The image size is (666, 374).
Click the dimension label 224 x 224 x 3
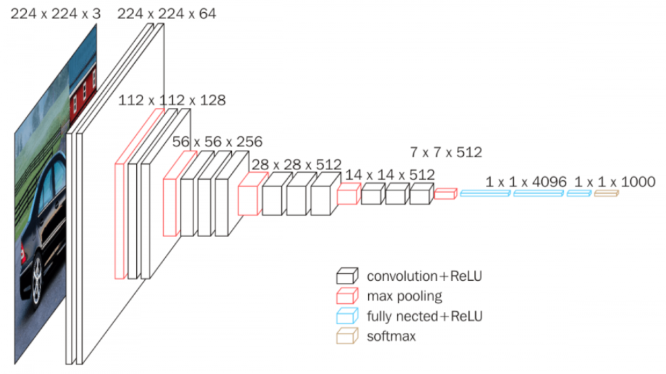pos(53,13)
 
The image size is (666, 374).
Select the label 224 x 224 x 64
pos(166,13)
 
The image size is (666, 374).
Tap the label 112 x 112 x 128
pos(171,101)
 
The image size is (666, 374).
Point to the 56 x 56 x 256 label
pos(217,142)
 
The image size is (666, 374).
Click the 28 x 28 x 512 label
pos(296,163)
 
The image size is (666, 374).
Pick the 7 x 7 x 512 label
pos(446,152)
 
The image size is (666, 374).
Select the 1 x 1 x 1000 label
pos(614,182)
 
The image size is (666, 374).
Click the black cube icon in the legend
pos(346,275)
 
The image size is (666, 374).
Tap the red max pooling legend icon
pos(346,296)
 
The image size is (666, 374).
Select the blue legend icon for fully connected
pos(346,316)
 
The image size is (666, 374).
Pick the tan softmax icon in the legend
pos(346,336)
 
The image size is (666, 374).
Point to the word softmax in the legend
pos(391,336)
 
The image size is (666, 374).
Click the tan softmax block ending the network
pos(605,194)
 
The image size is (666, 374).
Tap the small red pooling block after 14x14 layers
pos(445,194)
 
